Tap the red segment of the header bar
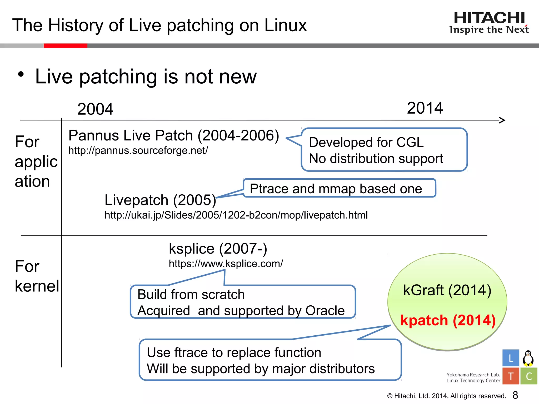[x=65, y=46]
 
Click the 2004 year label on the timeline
[x=95, y=109]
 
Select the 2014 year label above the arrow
[x=425, y=108]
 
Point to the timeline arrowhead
[x=502, y=120]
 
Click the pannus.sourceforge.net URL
[x=138, y=151]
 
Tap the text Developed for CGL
[x=366, y=142]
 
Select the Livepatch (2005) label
[x=160, y=200]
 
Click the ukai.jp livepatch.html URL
[x=236, y=215]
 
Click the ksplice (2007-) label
[x=218, y=249]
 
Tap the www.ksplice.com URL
[x=226, y=264]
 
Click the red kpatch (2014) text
[x=448, y=320]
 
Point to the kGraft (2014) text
[x=447, y=290]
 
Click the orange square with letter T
[x=511, y=376]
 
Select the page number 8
[x=515, y=395]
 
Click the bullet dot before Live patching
[x=21, y=74]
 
